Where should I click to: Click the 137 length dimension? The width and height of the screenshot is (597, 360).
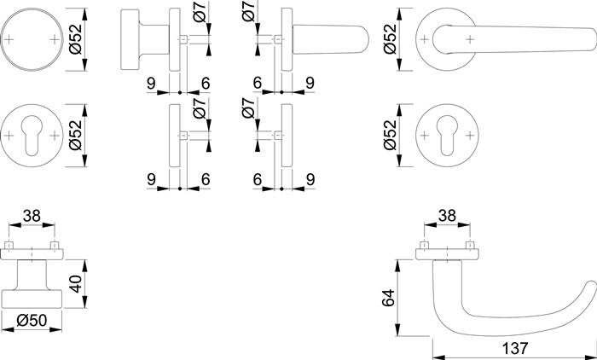click(515, 348)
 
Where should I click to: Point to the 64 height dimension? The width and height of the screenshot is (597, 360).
click(388, 298)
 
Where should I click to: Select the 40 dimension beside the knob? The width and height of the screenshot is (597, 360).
click(76, 284)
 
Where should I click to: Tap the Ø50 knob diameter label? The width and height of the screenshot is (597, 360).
click(32, 321)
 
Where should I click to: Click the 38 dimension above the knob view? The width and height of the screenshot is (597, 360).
click(32, 216)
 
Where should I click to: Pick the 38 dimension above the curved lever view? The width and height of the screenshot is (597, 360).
click(447, 216)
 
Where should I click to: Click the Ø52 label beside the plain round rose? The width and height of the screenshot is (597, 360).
click(76, 39)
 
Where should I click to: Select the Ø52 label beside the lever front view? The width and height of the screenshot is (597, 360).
click(390, 39)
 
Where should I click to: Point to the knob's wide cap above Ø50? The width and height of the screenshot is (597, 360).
click(32, 299)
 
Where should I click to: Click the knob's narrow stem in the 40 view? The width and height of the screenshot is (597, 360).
click(32, 275)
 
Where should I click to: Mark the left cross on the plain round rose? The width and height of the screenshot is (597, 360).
click(9, 39)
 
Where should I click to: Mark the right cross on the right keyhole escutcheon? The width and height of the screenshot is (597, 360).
click(471, 136)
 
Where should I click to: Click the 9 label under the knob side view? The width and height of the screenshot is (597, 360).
click(152, 83)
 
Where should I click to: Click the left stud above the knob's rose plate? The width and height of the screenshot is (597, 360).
click(9, 245)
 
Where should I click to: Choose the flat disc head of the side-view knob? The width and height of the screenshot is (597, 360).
click(130, 39)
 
